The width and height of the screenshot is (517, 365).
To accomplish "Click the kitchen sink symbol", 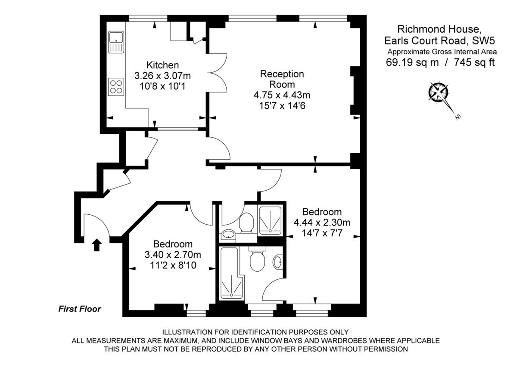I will point(116,42).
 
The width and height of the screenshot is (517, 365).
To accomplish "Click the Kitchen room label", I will point(162,65).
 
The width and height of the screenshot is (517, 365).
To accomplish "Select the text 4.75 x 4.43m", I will point(282,95).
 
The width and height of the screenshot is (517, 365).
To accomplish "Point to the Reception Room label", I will point(282,79).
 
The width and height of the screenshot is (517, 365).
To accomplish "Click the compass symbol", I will point(439,92).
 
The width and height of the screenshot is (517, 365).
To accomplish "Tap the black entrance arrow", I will point(97,245).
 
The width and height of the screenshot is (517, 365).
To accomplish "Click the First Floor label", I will point(80,309).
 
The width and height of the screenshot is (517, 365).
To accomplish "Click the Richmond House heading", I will point(439,29).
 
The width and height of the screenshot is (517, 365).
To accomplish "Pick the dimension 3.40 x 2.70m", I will point(173,255).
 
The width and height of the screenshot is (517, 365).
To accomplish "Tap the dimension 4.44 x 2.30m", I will point(321,223).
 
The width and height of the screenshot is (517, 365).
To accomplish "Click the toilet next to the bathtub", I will point(257,260).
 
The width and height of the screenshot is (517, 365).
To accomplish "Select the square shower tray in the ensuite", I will point(271,220).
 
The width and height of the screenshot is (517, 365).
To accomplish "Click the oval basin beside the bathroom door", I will point(278,260).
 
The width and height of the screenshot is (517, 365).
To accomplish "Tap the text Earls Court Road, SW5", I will point(439,41).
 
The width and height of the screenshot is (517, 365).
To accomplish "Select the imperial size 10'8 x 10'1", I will point(162,86).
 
